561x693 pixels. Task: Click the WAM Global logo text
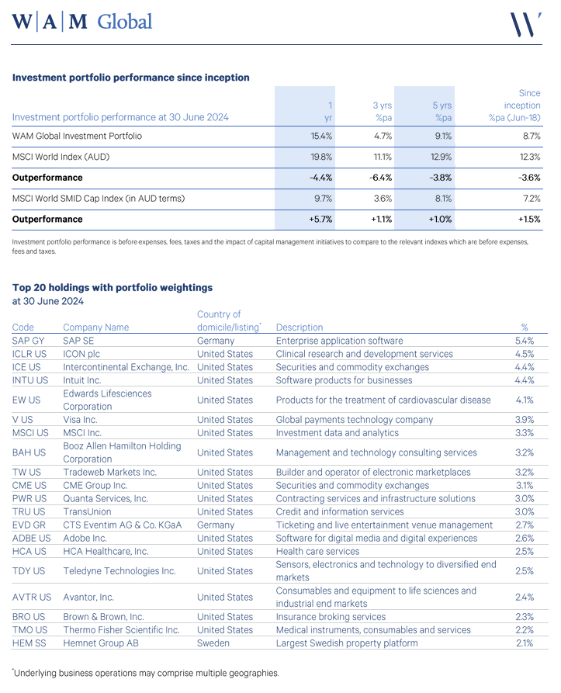[x=82, y=22]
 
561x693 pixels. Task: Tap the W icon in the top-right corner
[x=525, y=23]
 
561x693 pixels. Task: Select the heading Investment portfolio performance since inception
[x=131, y=78]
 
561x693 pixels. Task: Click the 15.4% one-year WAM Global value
[x=320, y=136]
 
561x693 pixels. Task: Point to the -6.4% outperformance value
[x=380, y=178]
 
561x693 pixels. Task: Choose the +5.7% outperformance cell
[x=320, y=220]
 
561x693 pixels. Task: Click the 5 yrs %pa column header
[x=441, y=111]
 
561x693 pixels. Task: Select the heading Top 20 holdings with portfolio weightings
[x=113, y=287]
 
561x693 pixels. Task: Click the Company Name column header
[x=95, y=327]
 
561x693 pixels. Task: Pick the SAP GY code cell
[x=29, y=341]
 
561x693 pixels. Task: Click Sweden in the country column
[x=215, y=643]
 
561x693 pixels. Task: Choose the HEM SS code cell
[x=29, y=643]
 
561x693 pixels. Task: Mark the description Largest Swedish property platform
[x=346, y=643]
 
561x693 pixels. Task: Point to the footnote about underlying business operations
[x=145, y=674]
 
